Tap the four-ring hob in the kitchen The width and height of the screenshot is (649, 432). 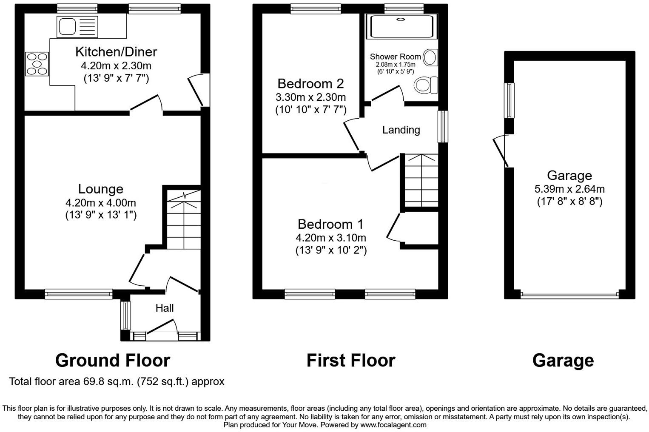[37, 64]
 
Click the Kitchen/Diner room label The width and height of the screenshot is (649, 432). [116, 51]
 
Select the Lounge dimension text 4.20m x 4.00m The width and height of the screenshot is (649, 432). [101, 203]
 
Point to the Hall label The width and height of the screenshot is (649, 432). [164, 308]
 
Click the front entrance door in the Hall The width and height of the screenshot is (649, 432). [162, 330]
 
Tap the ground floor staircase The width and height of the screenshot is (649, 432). [183, 221]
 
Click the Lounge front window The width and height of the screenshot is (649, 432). [79, 293]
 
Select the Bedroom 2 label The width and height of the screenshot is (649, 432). [310, 83]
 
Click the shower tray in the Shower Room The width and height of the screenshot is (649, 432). [401, 27]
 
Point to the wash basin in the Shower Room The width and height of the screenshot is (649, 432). [431, 57]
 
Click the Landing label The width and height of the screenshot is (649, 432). [401, 130]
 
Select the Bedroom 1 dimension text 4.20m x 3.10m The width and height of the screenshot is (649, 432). [331, 238]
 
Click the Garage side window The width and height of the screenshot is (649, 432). [509, 100]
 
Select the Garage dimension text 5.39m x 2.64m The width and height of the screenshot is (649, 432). [569, 189]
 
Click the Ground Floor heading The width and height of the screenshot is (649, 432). [113, 360]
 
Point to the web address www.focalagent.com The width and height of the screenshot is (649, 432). [393, 425]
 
